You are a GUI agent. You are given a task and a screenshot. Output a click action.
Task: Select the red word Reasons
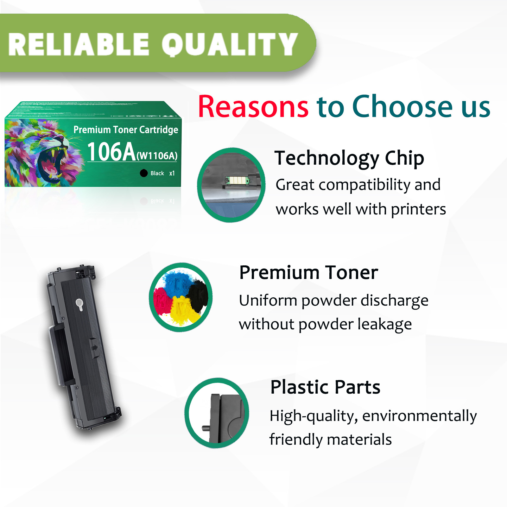pos(253,107)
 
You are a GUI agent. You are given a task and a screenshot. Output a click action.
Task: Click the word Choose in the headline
pos(402,107)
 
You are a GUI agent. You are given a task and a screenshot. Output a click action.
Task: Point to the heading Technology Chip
pos(349,158)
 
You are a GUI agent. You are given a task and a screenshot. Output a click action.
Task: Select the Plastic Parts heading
pos(325,387)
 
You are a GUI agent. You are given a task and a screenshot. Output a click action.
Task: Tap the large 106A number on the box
pos(111,152)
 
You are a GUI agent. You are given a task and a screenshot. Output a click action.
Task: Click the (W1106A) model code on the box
pos(157,155)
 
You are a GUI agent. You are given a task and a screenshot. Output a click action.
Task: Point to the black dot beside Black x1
pos(144,173)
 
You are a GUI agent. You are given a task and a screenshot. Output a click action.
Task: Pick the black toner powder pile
pos(199,295)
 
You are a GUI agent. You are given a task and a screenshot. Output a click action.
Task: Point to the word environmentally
pos(419,416)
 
